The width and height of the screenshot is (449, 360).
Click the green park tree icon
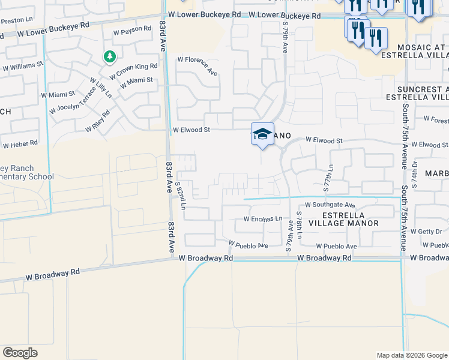coord(109,56)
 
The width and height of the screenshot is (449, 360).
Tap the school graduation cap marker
coord(262,134)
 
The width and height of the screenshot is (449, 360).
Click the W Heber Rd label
coord(20,144)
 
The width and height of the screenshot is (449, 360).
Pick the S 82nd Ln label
coord(182,196)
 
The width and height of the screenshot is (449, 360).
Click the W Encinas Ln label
coord(262,219)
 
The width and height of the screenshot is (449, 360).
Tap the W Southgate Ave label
coord(330,205)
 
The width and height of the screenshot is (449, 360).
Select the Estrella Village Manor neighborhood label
coord(351,219)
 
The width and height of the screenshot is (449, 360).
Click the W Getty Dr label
coord(430,231)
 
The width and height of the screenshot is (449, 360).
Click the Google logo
coord(20,353)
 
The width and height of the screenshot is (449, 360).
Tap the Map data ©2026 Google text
coord(411,355)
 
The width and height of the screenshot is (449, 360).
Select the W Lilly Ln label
coord(101,88)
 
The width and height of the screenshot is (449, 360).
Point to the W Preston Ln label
coord(14,21)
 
